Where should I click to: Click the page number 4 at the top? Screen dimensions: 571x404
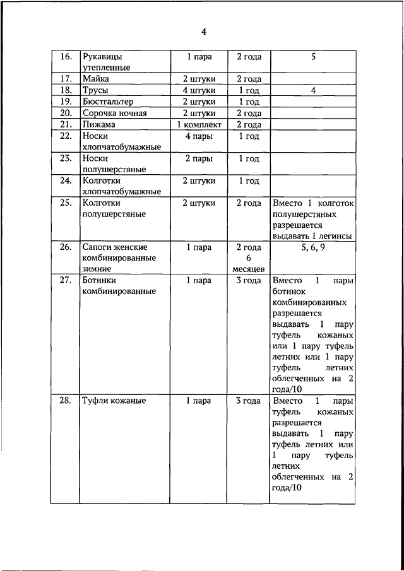tap(204, 32)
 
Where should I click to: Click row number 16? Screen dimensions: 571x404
tap(66, 57)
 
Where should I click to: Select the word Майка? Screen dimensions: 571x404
tap(96, 79)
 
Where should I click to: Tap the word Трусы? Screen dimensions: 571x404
tap(96, 91)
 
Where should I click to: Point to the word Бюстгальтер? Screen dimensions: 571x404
tap(107, 102)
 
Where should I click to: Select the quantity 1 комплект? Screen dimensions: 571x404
tap(199, 124)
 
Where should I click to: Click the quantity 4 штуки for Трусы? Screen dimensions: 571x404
tap(199, 91)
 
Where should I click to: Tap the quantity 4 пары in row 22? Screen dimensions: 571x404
tap(199, 136)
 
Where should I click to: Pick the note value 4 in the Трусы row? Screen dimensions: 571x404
tap(312, 91)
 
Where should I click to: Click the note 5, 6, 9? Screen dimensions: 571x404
tap(312, 247)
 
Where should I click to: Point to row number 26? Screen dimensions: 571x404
tap(66, 247)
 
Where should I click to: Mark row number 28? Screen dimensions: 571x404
tap(66, 401)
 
